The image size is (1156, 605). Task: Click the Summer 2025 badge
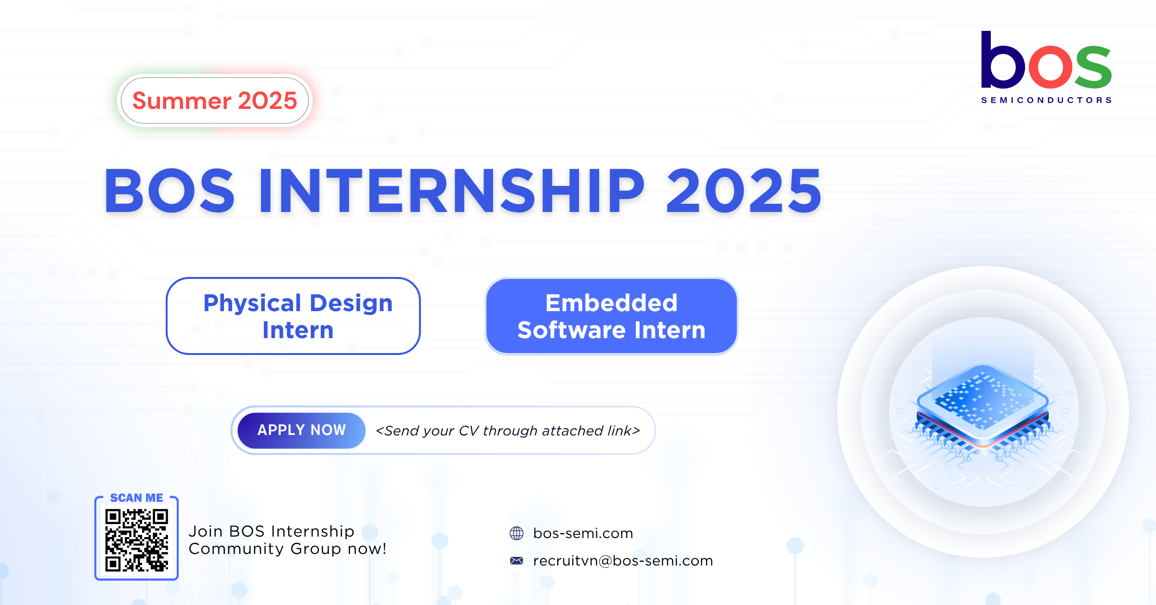pos(215,101)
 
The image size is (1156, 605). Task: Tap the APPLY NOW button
pos(302,430)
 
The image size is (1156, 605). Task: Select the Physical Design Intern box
pos(293,316)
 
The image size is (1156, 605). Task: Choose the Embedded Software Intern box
pos(612,316)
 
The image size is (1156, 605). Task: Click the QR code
pos(137,540)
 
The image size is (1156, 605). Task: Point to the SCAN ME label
pos(137,498)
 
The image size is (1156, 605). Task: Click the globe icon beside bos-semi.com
pos(516,533)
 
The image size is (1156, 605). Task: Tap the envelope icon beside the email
pos(516,561)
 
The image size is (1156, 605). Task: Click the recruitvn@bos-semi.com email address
pos(623,561)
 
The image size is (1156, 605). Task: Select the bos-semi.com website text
pos(583,533)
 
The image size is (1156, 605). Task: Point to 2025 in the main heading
pos(744,191)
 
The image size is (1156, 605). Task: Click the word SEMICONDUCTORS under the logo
pos(1047,100)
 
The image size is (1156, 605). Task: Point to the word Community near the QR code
pos(236,549)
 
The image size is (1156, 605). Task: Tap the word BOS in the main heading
pos(170,191)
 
